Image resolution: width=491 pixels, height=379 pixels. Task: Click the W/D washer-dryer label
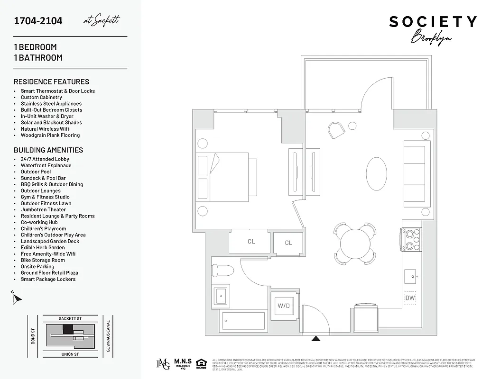click(x=283, y=306)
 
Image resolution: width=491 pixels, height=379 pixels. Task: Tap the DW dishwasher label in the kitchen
click(x=410, y=298)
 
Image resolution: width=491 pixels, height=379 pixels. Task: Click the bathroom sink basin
click(x=221, y=297)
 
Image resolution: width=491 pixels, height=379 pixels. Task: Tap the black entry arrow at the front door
click(x=315, y=339)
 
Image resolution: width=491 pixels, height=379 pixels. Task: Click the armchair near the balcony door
click(x=336, y=130)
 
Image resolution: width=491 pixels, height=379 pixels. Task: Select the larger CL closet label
click(x=251, y=242)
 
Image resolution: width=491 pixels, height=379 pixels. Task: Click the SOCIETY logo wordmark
click(x=433, y=22)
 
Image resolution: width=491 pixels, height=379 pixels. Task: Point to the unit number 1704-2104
click(x=38, y=21)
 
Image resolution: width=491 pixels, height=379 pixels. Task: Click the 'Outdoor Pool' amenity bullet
click(x=36, y=172)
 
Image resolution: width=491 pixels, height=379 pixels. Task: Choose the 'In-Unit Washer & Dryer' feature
click(x=47, y=116)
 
